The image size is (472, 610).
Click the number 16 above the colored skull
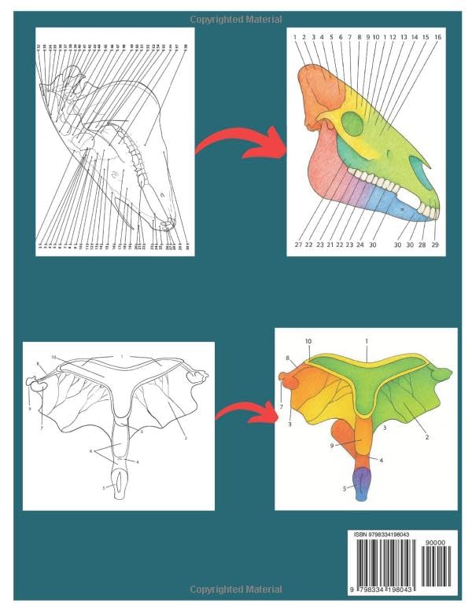coord(437,37)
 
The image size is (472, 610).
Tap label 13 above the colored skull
coord(404,37)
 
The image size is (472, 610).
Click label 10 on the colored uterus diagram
coord(308,340)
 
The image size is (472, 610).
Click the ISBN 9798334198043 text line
coord(382,535)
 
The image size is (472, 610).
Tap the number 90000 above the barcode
coord(434,542)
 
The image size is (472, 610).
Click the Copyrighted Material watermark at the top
coord(236,19)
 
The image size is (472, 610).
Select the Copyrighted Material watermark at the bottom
coord(236,589)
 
